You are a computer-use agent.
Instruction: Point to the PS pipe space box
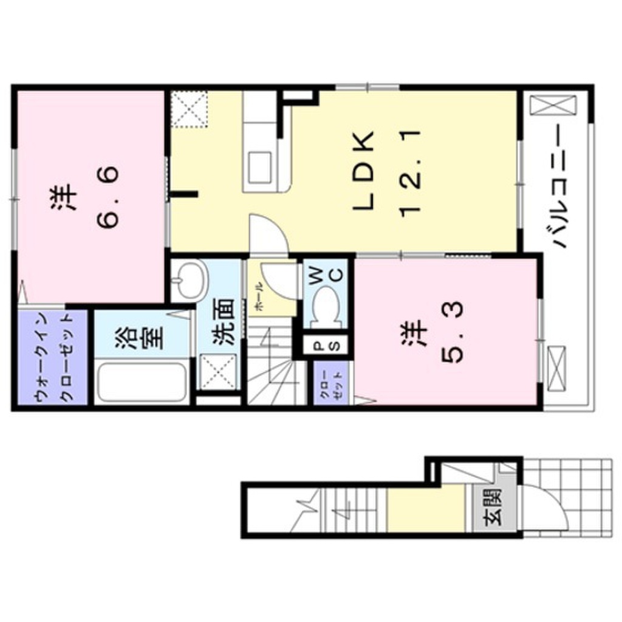click(326, 347)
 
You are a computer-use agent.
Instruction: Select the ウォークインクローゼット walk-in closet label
click(53, 358)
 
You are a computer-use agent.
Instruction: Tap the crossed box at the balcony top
click(552, 104)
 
